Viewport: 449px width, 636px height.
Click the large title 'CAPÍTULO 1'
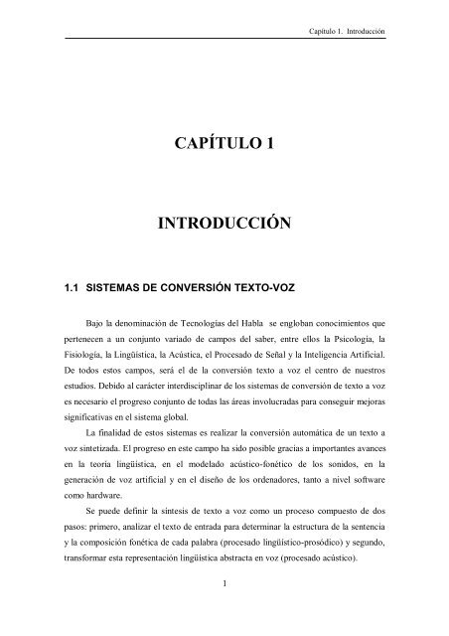[x=224, y=143]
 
